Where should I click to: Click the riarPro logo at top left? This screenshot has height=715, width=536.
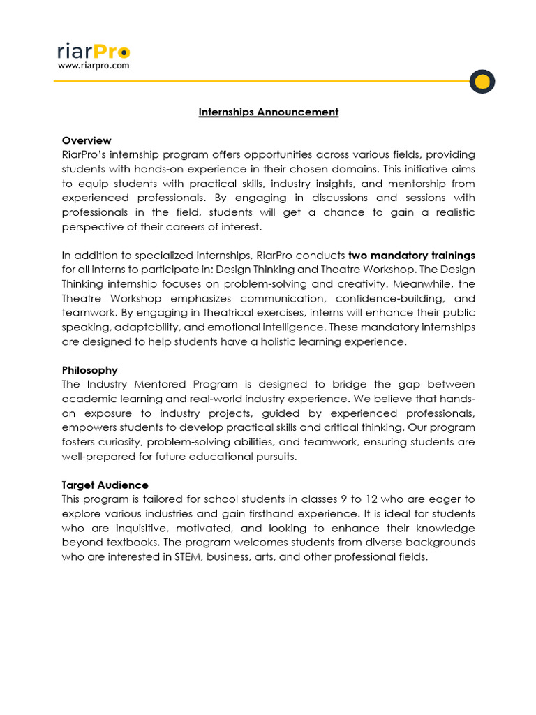click(93, 51)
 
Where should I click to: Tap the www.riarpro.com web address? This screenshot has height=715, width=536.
click(93, 66)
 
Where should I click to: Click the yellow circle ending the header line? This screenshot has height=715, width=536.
click(482, 82)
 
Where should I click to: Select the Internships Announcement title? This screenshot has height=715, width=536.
click(268, 112)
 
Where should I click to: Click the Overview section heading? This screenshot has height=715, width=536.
click(86, 140)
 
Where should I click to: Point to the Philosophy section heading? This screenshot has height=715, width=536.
click(89, 370)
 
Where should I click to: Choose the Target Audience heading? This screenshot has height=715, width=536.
click(105, 485)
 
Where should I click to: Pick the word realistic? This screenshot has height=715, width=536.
click(449, 212)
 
